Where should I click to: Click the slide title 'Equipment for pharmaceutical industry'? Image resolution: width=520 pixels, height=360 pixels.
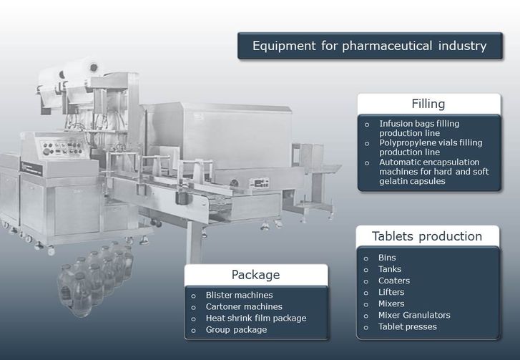[370, 46]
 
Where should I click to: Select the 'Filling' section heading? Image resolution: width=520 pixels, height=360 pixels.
[428, 104]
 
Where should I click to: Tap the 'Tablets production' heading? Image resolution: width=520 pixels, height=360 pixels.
[427, 236]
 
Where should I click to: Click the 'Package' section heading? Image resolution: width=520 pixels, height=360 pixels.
[255, 275]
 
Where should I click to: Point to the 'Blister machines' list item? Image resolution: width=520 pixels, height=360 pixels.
[239, 295]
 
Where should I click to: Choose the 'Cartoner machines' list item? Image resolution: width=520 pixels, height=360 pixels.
[244, 306]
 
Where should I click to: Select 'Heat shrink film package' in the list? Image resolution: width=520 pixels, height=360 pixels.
[256, 318]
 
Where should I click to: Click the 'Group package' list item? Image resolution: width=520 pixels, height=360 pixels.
[236, 330]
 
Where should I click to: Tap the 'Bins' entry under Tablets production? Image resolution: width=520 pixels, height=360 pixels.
[387, 258]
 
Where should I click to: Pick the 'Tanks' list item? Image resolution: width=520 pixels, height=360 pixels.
[390, 269]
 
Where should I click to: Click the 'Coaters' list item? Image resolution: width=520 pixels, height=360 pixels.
[394, 281]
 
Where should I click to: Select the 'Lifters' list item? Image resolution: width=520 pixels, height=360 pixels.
[391, 292]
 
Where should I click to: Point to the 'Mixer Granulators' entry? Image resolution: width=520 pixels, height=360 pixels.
[414, 315]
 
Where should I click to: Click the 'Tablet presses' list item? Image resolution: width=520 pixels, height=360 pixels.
[408, 327]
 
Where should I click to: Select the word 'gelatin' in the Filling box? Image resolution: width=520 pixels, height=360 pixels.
[393, 182]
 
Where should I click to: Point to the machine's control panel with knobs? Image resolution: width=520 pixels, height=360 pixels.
[62, 147]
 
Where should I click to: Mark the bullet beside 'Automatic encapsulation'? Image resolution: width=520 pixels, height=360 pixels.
[367, 163]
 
